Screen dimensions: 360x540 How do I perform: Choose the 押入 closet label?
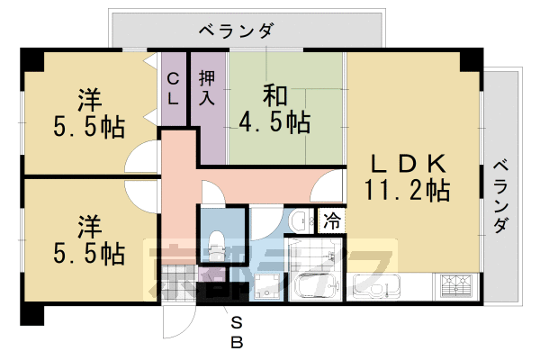pos(207,86)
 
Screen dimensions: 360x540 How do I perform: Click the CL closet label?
pos(173,88)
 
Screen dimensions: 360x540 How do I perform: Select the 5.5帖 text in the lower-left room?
pos(87,252)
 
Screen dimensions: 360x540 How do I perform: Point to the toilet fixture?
pos(216,241)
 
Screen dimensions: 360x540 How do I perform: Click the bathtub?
pos(315,287)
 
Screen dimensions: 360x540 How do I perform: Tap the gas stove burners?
pos(459,286)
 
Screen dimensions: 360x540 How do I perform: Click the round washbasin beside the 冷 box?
pos(299,220)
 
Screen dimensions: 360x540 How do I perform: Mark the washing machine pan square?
pos(267,285)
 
